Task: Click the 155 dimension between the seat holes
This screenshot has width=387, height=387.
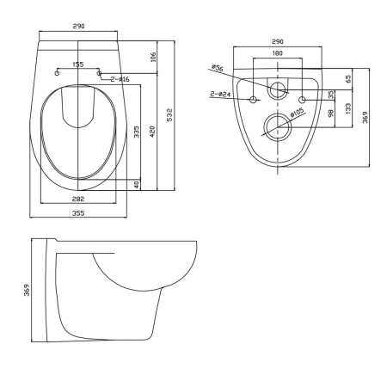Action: point(78,64)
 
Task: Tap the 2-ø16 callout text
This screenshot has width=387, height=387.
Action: point(120,79)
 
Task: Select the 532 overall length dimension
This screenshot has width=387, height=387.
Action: point(169,114)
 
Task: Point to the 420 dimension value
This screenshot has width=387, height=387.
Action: point(152,132)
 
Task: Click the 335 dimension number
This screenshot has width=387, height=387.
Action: point(137,132)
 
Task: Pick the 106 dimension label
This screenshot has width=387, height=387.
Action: point(153,57)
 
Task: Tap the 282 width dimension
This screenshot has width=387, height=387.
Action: point(78,199)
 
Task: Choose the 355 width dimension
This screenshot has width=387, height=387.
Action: point(78,213)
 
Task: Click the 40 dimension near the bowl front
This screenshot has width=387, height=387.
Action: point(137,184)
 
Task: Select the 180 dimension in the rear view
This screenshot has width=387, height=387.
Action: point(278,53)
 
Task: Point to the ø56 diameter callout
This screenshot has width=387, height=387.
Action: point(217,68)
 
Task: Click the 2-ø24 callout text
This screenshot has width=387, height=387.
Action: point(220,94)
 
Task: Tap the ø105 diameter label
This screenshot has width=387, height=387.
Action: point(297,112)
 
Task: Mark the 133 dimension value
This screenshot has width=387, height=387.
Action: point(348,109)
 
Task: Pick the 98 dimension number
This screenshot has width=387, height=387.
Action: point(331,114)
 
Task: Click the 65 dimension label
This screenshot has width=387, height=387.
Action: point(348,79)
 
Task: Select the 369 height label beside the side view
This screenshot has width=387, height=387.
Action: point(27,290)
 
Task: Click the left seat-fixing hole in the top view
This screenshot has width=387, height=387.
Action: point(57,73)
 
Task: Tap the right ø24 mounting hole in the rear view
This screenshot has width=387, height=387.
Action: point(302,100)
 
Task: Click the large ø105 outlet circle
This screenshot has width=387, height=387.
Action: point(278,114)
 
